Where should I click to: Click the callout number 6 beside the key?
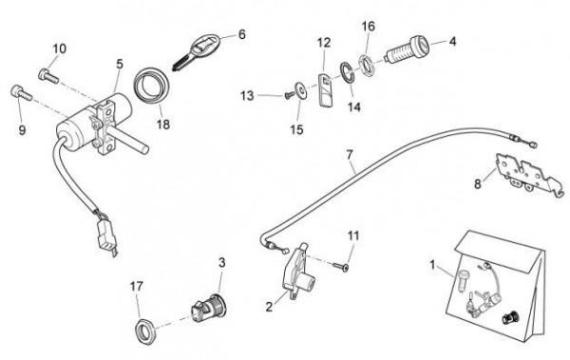click(242, 34)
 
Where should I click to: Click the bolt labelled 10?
click(48, 75)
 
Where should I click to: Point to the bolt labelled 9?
click(22, 93)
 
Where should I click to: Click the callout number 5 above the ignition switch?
click(120, 64)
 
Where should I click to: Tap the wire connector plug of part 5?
click(105, 236)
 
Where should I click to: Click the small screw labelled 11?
click(340, 266)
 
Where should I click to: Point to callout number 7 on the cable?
click(350, 155)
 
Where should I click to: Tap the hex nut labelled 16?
click(368, 66)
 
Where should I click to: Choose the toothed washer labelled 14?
click(348, 73)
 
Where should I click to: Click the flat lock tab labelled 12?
click(327, 90)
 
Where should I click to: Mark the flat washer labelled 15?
click(301, 90)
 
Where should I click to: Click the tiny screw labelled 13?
click(289, 96)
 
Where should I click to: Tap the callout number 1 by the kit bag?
click(432, 265)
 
